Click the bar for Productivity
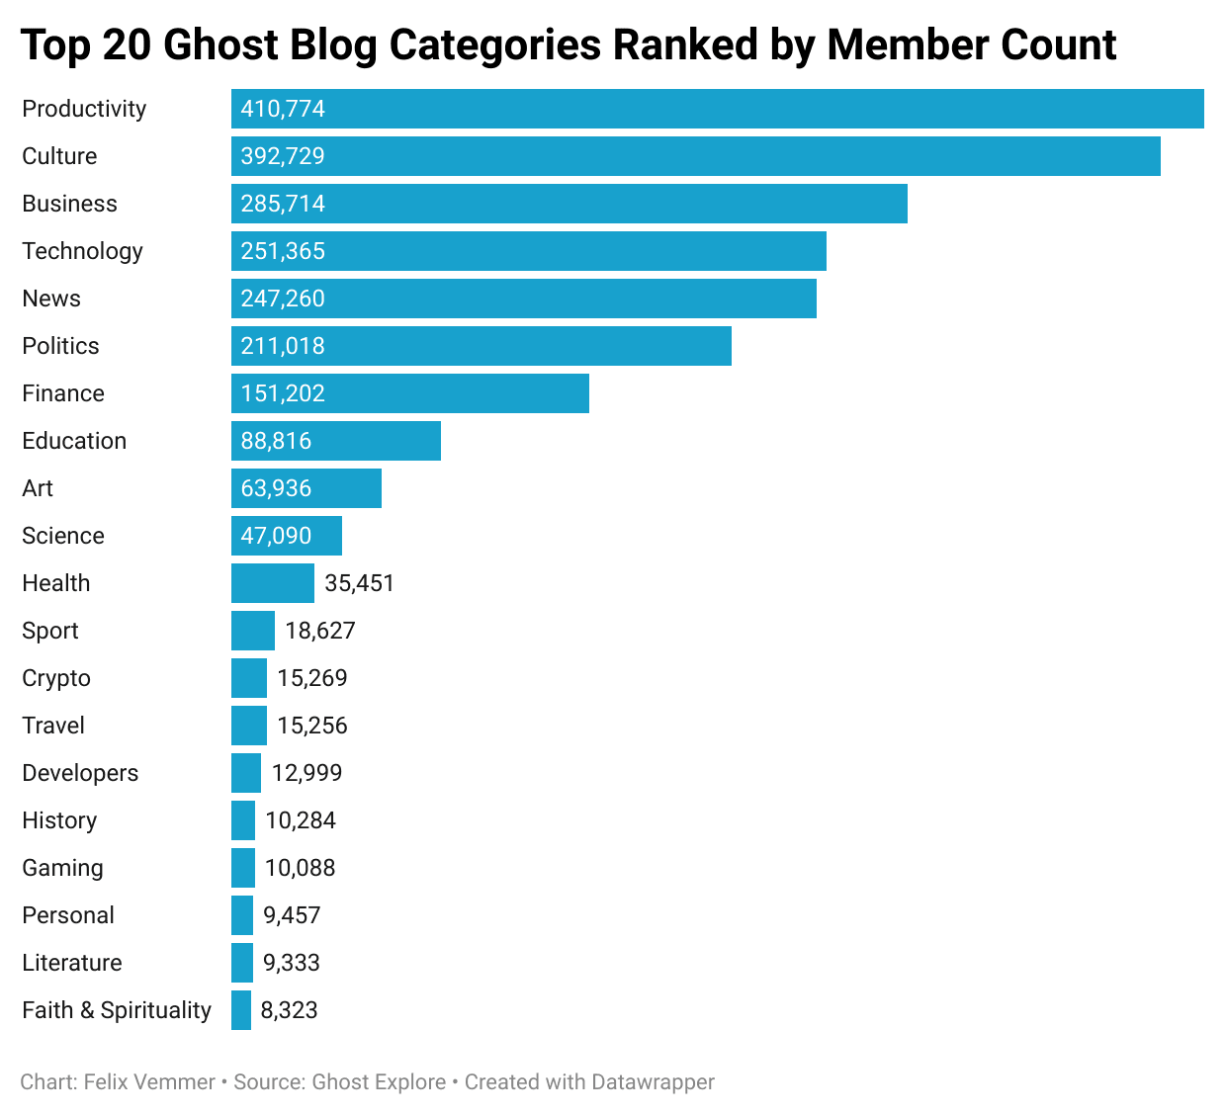click(717, 109)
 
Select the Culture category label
click(59, 156)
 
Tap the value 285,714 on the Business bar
click(283, 204)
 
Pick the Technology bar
click(528, 251)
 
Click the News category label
click(51, 299)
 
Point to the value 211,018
click(283, 346)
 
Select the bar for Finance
click(409, 393)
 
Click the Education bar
click(335, 441)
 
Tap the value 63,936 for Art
click(276, 488)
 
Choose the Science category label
click(63, 536)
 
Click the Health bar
click(272, 583)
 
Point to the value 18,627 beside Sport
click(320, 631)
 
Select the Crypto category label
click(56, 678)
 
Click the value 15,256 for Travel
click(312, 726)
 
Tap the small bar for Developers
click(246, 773)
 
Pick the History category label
click(59, 820)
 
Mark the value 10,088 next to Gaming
click(301, 868)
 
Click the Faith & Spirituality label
click(117, 1010)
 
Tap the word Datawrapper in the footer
click(653, 1082)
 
